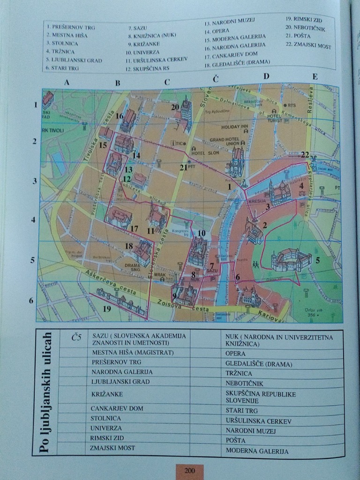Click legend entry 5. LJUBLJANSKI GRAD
tap(74, 60)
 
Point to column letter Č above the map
tap(215, 79)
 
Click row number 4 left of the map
tap(33, 219)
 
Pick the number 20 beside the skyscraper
tap(175, 107)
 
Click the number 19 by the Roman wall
tap(107, 308)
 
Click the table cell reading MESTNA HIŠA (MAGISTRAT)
tap(126, 352)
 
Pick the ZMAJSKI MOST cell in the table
tap(112, 448)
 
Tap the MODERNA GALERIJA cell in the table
tap(257, 451)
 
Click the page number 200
tap(189, 471)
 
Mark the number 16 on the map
tap(120, 116)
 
